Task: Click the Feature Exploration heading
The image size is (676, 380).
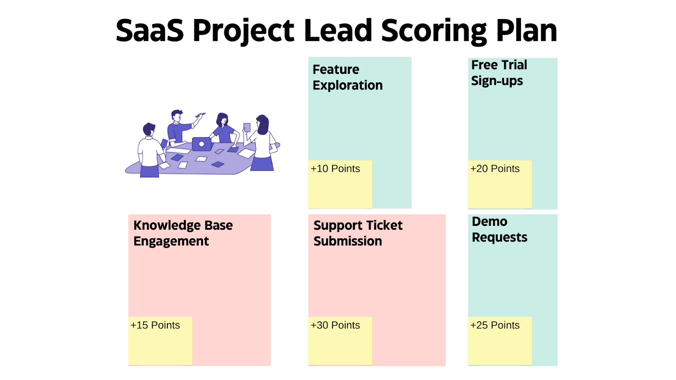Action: tap(347, 77)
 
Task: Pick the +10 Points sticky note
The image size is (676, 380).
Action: tap(340, 184)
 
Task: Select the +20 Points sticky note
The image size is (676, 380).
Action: tap(500, 184)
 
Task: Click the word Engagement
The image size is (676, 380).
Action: tap(171, 242)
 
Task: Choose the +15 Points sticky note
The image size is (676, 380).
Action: tap(160, 341)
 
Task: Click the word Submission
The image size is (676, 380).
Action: tap(348, 241)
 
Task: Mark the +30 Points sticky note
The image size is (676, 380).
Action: tap(340, 341)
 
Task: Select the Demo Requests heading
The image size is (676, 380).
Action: tap(499, 229)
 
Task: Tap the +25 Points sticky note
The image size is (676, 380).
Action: tap(500, 341)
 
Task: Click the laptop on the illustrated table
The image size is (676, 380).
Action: tap(202, 144)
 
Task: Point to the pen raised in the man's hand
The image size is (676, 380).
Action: tap(200, 115)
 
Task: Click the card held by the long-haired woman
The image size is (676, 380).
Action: tap(247, 127)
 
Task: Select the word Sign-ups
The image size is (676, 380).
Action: tap(497, 81)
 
